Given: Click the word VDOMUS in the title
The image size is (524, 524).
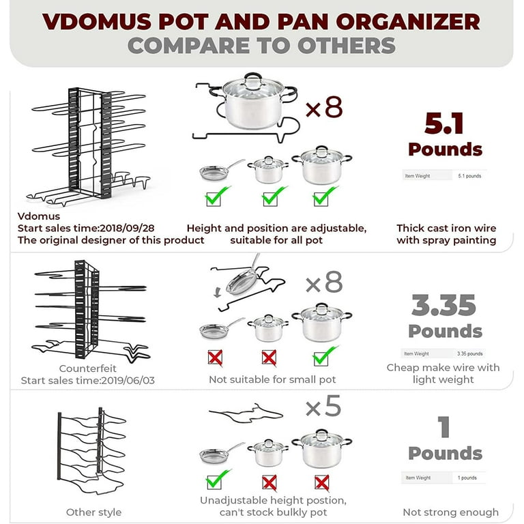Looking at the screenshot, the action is tap(98, 22).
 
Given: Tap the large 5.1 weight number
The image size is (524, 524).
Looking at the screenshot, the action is tap(444, 123).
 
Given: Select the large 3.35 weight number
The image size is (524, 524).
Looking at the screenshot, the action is tap(443, 305).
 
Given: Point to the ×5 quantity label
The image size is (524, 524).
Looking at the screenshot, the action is tap(323, 406).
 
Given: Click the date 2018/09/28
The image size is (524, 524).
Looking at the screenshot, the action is tap(127, 229).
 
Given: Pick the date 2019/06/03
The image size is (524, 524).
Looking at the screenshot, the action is tap(128, 380).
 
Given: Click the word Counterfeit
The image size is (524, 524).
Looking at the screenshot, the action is tap(87, 368).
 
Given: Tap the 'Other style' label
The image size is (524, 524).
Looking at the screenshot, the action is tap(93, 512).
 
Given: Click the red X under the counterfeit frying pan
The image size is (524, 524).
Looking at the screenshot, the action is tap(215, 358).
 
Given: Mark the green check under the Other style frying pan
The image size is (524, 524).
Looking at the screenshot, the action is tap(218, 480).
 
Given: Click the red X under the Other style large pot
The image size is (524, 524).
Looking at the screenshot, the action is tap(322, 483).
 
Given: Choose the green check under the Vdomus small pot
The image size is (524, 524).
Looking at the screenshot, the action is tap(274, 196).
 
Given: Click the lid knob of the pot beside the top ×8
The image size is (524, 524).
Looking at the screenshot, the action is tap(253, 77).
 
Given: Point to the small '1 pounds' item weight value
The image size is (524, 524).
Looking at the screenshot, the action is tap(467, 478).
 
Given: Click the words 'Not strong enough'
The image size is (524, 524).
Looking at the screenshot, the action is tap(450, 512).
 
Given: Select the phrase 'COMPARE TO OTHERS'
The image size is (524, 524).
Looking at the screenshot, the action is tap(262, 46).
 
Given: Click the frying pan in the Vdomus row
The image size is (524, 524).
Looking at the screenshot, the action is tap(220, 171).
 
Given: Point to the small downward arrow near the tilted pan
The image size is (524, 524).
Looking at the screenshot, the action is tap(217, 293).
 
